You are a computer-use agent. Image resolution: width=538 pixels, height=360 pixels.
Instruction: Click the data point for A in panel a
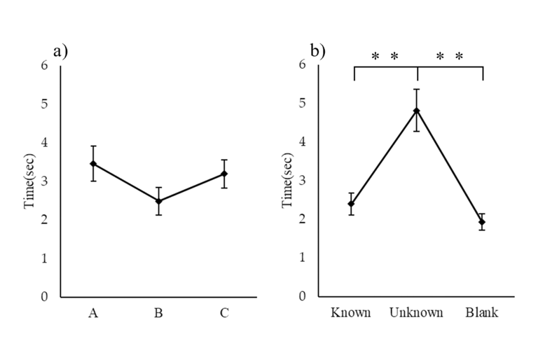(92, 164)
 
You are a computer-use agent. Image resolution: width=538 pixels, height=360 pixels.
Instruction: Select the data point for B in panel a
(158, 201)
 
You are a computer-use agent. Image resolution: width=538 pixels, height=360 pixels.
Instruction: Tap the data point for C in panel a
(224, 174)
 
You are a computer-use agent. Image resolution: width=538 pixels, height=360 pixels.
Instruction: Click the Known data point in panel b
(351, 204)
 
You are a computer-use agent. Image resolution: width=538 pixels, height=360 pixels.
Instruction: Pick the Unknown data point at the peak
(417, 111)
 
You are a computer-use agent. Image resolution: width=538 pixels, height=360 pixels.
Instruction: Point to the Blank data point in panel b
(482, 222)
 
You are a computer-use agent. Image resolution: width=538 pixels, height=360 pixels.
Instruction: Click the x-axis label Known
(350, 312)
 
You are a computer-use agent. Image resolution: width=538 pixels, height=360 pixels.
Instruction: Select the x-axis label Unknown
(416, 312)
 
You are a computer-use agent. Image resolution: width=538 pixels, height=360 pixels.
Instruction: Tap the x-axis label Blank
(482, 312)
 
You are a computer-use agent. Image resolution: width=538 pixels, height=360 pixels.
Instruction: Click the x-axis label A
(92, 313)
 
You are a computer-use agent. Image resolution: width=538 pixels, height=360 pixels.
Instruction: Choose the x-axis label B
(158, 313)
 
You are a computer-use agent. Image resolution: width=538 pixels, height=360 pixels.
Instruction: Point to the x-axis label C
(224, 313)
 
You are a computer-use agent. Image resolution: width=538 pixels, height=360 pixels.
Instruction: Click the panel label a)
(60, 50)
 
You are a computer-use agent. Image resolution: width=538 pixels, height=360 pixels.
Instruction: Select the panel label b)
(318, 50)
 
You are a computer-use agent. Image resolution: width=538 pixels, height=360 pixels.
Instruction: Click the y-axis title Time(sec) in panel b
(287, 181)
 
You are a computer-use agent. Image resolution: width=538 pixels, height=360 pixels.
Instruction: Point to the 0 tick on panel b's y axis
(303, 296)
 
